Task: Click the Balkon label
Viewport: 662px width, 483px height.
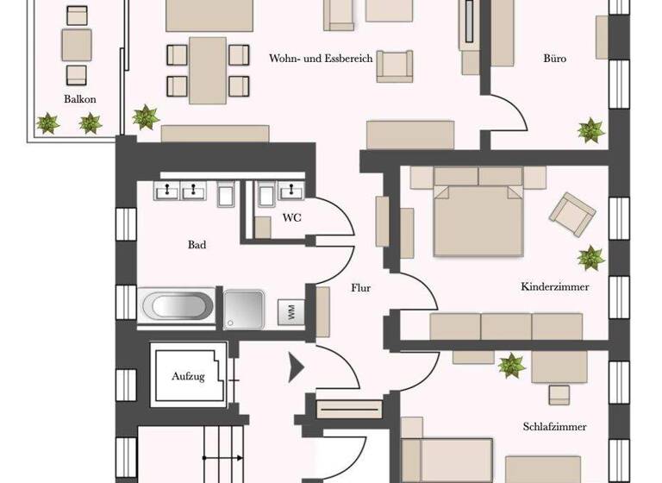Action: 80,99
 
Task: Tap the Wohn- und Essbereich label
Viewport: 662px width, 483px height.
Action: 321,59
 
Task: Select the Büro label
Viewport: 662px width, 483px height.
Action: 555,59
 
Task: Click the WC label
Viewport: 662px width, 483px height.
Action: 293,217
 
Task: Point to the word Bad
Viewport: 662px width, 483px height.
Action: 197,245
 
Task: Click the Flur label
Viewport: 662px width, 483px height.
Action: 360,288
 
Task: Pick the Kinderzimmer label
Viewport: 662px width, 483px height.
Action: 555,286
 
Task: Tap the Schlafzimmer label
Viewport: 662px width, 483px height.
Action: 555,426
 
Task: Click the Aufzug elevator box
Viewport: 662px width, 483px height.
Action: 189,375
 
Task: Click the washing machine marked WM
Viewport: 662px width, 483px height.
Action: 291,313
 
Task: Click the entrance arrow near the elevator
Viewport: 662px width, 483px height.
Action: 296,368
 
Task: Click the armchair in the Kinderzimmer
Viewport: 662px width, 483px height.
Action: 572,212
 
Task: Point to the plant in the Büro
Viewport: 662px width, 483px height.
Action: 591,131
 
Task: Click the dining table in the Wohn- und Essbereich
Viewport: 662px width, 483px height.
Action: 207,69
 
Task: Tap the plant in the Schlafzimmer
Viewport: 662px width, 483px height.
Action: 512,366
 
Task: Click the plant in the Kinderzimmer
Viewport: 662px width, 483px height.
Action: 591,257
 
